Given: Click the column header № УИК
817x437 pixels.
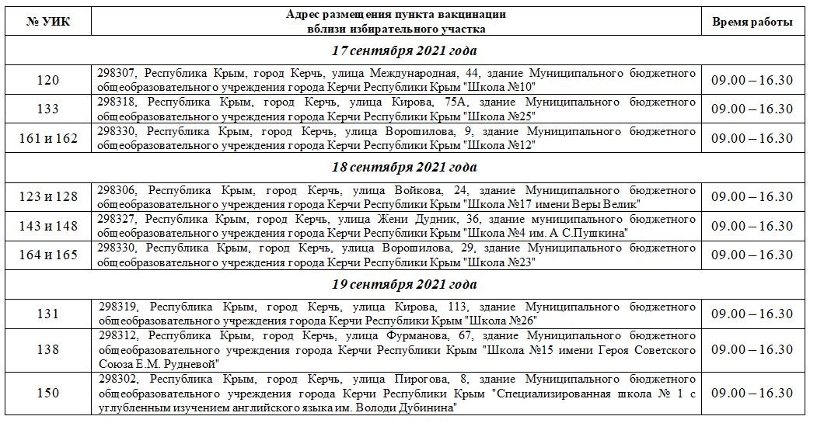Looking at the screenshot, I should coord(48,22).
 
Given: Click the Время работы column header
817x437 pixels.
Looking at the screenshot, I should coord(752,22).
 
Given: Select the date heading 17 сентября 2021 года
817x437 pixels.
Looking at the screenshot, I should coord(403,50).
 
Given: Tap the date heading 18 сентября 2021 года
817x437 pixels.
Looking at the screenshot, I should coord(403,167).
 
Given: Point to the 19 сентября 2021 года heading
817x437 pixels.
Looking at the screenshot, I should coord(403,284).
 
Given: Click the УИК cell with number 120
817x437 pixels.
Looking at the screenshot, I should coord(48,80).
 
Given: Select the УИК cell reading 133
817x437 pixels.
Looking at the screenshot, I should coord(48,109).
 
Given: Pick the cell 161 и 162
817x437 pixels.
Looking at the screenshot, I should coord(48,138).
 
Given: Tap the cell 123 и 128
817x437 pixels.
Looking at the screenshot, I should coord(48,196).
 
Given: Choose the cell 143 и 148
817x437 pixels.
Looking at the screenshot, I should coord(48,226).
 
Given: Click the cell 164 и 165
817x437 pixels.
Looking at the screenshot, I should coord(48,255).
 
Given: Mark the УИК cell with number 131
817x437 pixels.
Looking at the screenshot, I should coord(48,314).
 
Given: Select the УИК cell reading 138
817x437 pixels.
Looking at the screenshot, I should coord(48,350).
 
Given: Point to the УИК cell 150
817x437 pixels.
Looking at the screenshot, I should coord(48,394).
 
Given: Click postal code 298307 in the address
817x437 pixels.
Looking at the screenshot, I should coord(117,73).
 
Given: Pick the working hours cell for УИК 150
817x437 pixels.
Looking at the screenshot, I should coord(752,394).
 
